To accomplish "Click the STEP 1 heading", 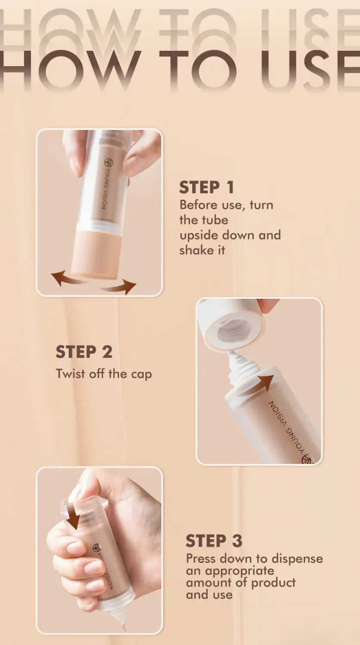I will (206, 187).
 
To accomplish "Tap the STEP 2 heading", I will (84, 352).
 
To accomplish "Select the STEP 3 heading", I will (214, 541).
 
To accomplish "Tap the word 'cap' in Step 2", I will (142, 374).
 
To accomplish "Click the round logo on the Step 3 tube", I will (97, 548).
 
